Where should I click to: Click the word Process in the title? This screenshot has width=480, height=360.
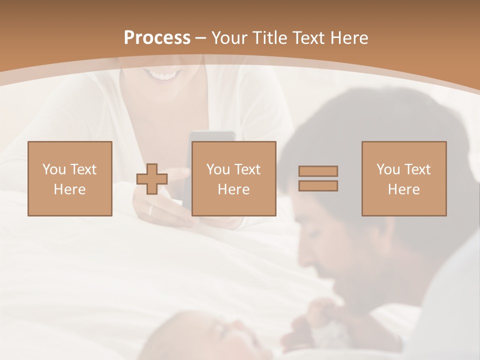(x=157, y=38)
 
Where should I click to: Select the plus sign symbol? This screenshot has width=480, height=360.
(x=152, y=179)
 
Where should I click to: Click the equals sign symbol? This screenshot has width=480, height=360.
(x=318, y=178)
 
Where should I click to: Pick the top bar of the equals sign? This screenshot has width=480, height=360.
(x=318, y=171)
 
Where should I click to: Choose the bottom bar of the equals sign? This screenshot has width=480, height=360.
(x=318, y=186)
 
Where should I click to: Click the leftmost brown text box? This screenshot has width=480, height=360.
(x=70, y=178)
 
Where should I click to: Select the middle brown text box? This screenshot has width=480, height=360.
(x=234, y=178)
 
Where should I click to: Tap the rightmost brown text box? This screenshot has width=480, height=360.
(x=404, y=178)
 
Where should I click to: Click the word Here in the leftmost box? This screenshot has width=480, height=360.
(x=70, y=189)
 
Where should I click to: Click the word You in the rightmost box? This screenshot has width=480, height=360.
(x=388, y=169)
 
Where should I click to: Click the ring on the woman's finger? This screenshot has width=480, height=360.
(x=150, y=211)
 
